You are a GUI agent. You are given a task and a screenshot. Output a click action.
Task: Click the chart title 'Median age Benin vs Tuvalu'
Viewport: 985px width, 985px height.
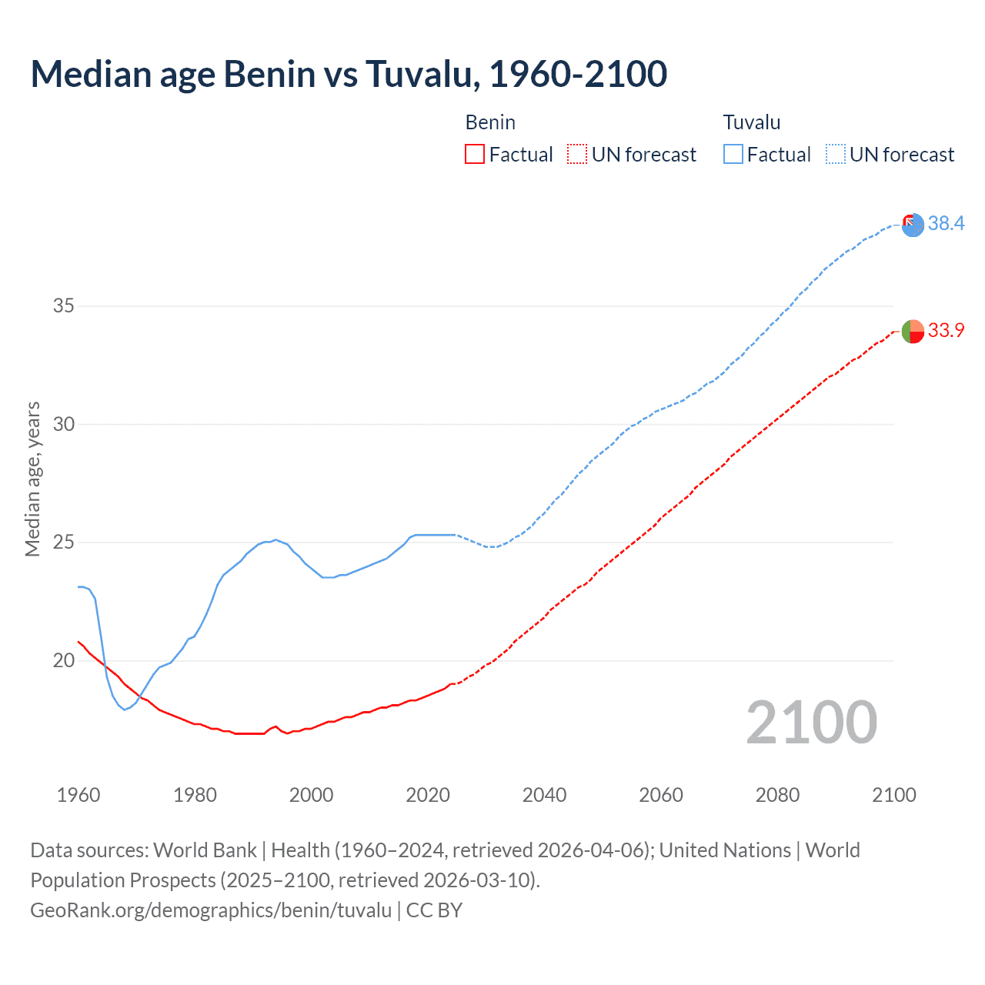[349, 74]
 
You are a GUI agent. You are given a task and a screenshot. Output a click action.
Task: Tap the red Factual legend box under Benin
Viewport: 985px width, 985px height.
[475, 155]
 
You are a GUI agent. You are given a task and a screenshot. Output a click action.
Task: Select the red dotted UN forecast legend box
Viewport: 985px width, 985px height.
[577, 155]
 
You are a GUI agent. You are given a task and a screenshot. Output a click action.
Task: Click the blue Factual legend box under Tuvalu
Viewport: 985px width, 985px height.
[733, 155]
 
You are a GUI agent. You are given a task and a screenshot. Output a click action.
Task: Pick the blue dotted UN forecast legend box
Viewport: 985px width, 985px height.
[836, 155]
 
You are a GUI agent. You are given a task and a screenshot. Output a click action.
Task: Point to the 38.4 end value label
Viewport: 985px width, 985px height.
[946, 223]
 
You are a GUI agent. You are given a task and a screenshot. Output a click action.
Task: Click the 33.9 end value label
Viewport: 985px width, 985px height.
[946, 330]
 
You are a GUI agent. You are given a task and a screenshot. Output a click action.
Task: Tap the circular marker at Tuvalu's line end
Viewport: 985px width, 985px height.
[913, 225]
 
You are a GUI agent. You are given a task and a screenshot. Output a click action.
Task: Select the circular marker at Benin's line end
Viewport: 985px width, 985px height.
[913, 331]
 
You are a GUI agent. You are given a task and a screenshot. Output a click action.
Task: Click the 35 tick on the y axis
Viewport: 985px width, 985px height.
[63, 306]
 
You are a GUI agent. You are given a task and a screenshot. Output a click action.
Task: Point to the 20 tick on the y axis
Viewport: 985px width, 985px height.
[63, 660]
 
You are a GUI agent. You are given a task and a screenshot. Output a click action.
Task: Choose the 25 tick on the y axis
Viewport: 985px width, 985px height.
[63, 543]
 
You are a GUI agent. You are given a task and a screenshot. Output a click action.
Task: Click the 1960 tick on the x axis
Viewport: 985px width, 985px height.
[78, 795]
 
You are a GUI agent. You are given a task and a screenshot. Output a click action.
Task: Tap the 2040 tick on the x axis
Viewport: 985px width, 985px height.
[544, 795]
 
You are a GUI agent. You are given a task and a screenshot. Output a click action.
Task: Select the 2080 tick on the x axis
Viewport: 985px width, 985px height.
[777, 795]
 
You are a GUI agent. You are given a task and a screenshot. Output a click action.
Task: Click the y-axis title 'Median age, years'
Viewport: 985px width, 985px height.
[32, 479]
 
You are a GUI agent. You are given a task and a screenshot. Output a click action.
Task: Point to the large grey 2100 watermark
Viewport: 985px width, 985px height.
[811, 722]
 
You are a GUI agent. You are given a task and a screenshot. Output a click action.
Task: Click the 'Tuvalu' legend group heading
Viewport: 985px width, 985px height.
[752, 122]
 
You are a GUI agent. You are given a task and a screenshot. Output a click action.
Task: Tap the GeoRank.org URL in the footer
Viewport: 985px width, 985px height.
[211, 910]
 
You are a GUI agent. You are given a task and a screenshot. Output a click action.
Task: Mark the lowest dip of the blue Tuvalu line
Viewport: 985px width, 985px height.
[125, 709]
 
